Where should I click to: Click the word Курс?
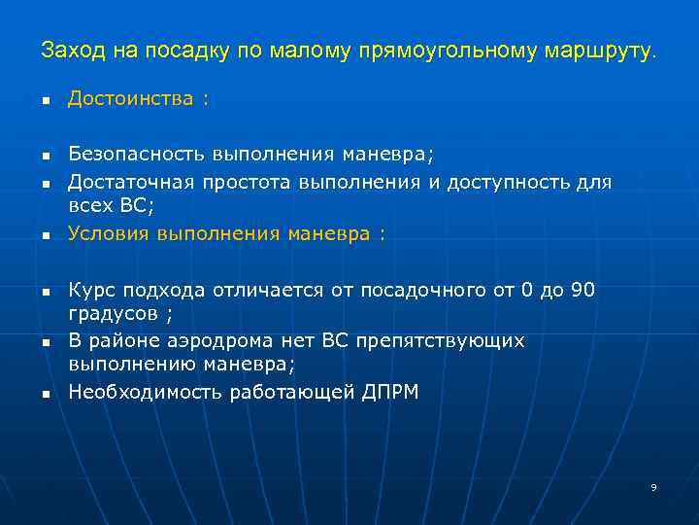(90, 290)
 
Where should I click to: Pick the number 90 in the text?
(582, 290)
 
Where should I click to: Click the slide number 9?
(653, 487)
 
